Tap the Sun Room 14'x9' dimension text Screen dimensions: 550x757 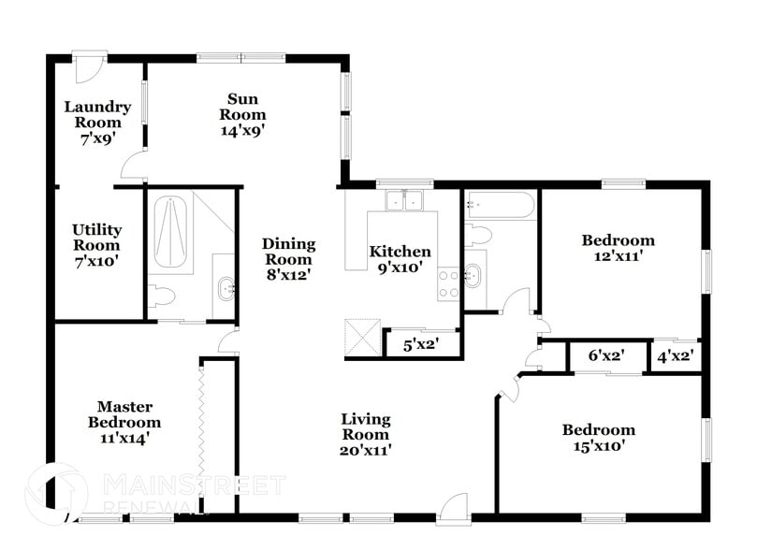[242, 130]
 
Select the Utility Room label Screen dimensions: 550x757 [96, 244]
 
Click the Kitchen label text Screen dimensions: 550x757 [400, 252]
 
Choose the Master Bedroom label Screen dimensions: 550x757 [129, 421]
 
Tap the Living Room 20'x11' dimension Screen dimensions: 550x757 [366, 450]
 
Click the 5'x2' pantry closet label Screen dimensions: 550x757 [421, 344]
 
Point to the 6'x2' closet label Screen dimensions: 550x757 [605, 355]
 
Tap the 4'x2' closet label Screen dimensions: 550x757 [675, 355]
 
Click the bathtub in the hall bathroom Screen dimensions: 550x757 [501, 205]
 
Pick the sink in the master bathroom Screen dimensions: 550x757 [225, 288]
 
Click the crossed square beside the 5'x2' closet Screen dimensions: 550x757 [362, 337]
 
